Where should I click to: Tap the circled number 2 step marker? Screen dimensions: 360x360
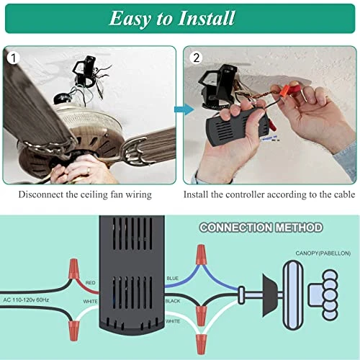point(194,56)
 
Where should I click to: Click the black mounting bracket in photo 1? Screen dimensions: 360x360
point(86,71)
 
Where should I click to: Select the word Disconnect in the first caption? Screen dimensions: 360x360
point(43,194)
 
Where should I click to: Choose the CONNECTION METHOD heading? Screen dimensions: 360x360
point(261,228)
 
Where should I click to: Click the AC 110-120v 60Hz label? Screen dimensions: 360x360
point(26,299)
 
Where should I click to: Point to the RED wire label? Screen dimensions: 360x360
point(90,283)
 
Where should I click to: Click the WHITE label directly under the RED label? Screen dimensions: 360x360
point(90,301)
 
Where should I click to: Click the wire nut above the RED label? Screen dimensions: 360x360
point(72,271)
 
